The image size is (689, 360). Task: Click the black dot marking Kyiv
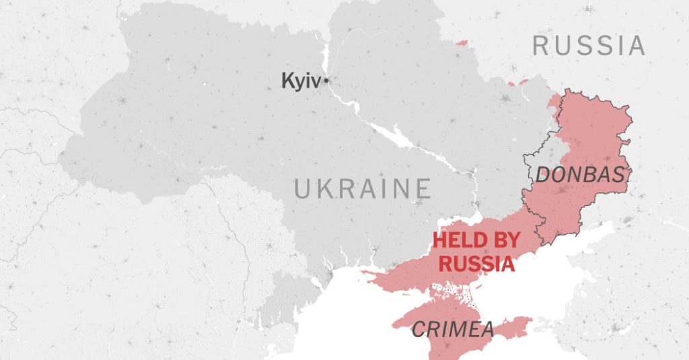tap(326, 81)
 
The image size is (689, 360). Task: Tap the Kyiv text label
tap(301, 82)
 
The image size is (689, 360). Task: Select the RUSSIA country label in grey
tap(589, 46)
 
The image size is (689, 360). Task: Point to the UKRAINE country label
tap(362, 189)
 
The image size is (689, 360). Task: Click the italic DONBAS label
tap(580, 175)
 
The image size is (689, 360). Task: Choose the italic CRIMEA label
tap(452, 330)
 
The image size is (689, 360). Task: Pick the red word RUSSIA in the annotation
tap(476, 263)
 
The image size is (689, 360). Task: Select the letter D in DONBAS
tap(543, 175)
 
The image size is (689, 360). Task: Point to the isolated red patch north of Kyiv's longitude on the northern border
tap(461, 43)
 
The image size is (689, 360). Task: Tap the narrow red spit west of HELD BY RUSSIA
tap(377, 273)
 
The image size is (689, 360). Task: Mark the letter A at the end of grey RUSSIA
tap(637, 46)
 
